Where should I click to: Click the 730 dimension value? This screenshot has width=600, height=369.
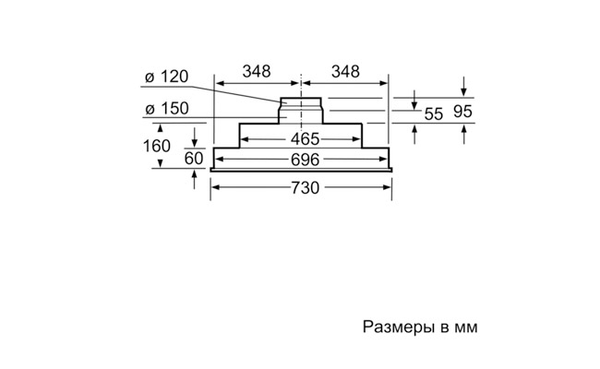304,188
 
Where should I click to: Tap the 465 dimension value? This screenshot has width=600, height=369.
303,139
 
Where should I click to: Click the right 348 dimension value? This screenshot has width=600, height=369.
344,71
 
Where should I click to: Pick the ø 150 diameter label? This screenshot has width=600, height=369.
167,108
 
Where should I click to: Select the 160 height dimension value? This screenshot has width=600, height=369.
157,146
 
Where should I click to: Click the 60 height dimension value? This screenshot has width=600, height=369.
194,159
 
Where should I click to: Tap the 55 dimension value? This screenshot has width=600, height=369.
434,114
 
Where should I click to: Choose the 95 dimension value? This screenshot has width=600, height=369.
464,112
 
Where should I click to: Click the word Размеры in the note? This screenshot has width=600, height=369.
395,327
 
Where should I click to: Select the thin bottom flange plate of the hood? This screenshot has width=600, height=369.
303,171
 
